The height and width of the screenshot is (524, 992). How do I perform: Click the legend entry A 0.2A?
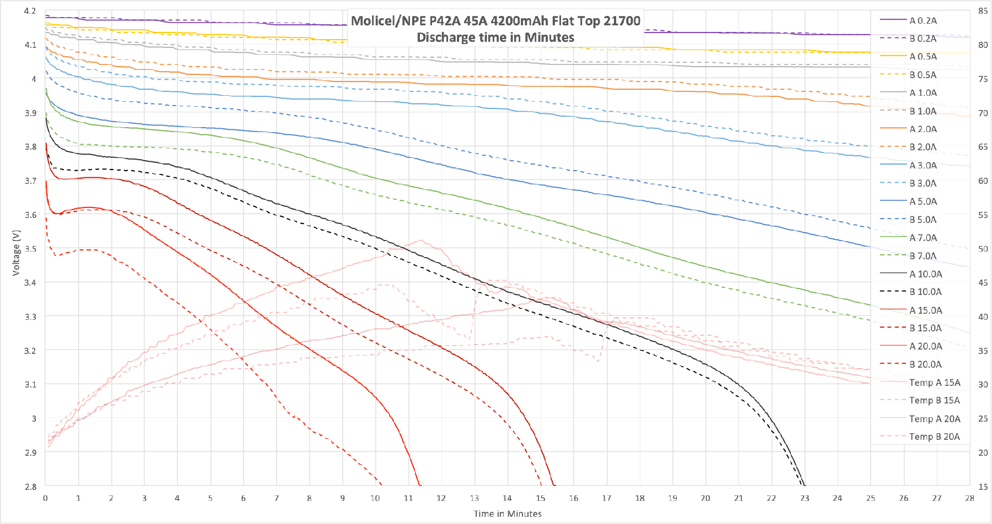click(923, 20)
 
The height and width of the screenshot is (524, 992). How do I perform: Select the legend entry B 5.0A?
click(923, 220)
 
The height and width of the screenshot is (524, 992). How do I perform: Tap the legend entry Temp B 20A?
click(934, 436)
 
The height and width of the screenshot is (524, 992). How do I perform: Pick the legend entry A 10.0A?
click(925, 274)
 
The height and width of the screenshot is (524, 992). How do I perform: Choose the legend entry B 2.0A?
click(923, 147)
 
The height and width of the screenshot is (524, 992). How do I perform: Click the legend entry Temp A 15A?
click(934, 383)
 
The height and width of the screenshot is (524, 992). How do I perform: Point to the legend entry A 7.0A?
click(923, 238)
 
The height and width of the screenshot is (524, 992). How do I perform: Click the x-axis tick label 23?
click(805, 498)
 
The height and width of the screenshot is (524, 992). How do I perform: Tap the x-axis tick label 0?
click(45, 498)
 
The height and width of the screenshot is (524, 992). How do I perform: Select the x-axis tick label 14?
click(507, 498)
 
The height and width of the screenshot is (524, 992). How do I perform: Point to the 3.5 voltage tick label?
click(30, 249)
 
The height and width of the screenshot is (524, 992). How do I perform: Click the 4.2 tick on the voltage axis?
click(30, 11)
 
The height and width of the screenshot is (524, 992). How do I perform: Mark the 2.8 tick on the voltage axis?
click(30, 487)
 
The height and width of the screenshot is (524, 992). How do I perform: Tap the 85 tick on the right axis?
click(983, 11)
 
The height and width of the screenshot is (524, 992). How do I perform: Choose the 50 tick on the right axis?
click(983, 249)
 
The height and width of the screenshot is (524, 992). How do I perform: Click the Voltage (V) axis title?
click(16, 253)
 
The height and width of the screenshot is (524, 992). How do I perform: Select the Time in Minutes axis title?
click(508, 514)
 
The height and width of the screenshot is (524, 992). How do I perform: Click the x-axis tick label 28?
click(969, 498)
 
